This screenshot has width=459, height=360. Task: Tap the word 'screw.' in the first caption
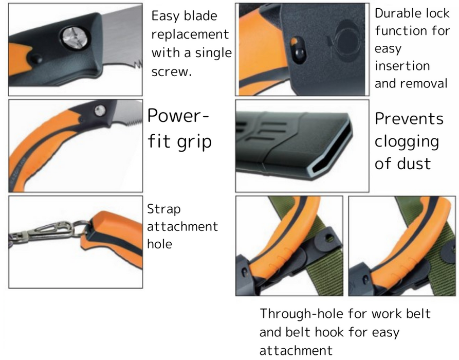[172, 71]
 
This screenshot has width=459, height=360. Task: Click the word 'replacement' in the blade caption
[190, 35]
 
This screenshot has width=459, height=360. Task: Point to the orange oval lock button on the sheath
[298, 50]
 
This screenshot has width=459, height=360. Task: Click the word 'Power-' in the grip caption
[178, 115]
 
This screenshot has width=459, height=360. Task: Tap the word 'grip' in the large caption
[194, 142]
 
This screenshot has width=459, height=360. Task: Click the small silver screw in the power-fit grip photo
[100, 111]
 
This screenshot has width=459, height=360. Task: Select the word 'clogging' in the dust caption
[407, 142]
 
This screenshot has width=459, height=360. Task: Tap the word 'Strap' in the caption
[164, 210]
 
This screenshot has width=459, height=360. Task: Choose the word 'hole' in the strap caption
[159, 244]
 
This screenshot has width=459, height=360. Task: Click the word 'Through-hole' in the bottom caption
[302, 314]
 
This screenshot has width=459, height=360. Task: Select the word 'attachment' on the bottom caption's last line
[296, 350]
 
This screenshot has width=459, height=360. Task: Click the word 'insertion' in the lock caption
[402, 66]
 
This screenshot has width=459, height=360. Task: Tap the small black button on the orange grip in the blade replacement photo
[36, 58]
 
